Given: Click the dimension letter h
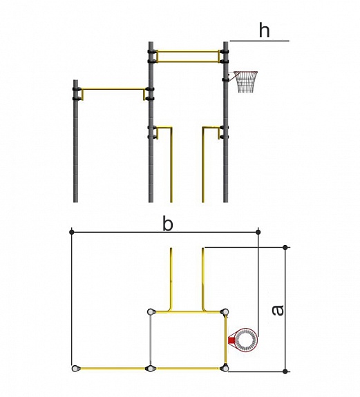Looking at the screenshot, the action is coord(264,30).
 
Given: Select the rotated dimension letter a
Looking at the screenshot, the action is coord(278,310).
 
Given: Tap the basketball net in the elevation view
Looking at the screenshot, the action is coord(246,81).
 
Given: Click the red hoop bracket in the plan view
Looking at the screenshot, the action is coord(231,340).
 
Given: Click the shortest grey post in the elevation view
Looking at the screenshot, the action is coord(75,141).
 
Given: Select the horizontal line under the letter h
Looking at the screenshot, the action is coord(259,41).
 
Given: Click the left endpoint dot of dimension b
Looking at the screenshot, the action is coord(72,232).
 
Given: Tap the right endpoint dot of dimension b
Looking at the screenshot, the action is coord(258,232).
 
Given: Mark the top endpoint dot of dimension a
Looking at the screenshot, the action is coord(285,247).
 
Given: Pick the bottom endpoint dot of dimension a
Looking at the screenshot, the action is coord(285,371).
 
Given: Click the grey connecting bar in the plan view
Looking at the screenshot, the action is coord(151,340).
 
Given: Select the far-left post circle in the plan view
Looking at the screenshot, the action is coord(75,369).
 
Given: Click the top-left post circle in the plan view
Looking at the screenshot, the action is coord(151,311).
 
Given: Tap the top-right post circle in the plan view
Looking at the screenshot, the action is coord(225,312).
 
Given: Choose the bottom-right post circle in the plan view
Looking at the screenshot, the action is coord(225,368).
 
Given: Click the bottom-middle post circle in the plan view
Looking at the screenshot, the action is coord(151,369).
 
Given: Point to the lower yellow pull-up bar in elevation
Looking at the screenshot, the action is coord(113,89).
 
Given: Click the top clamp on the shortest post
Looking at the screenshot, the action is coord(76,89).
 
